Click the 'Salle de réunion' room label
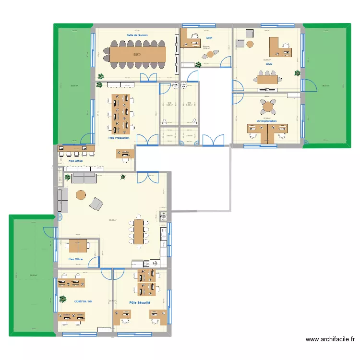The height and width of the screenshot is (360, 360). coord(137,35)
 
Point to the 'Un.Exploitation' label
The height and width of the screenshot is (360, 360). coord(267,121)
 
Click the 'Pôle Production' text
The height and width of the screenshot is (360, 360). coord(119,138)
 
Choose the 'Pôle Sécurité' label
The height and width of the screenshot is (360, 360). coord(140,303)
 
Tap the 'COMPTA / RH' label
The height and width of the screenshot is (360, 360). coord(83,302)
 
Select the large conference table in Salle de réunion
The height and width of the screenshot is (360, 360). coord(137,54)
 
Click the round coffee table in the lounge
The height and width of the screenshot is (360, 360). coord(81,195)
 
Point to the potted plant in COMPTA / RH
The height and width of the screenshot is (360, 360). coord(62,299)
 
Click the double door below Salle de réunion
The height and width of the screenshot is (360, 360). coord(148,78)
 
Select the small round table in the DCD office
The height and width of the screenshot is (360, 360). coord(250,44)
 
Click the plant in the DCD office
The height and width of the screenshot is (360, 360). coord(298,73)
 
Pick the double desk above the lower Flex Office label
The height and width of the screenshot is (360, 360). coord(77,246)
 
